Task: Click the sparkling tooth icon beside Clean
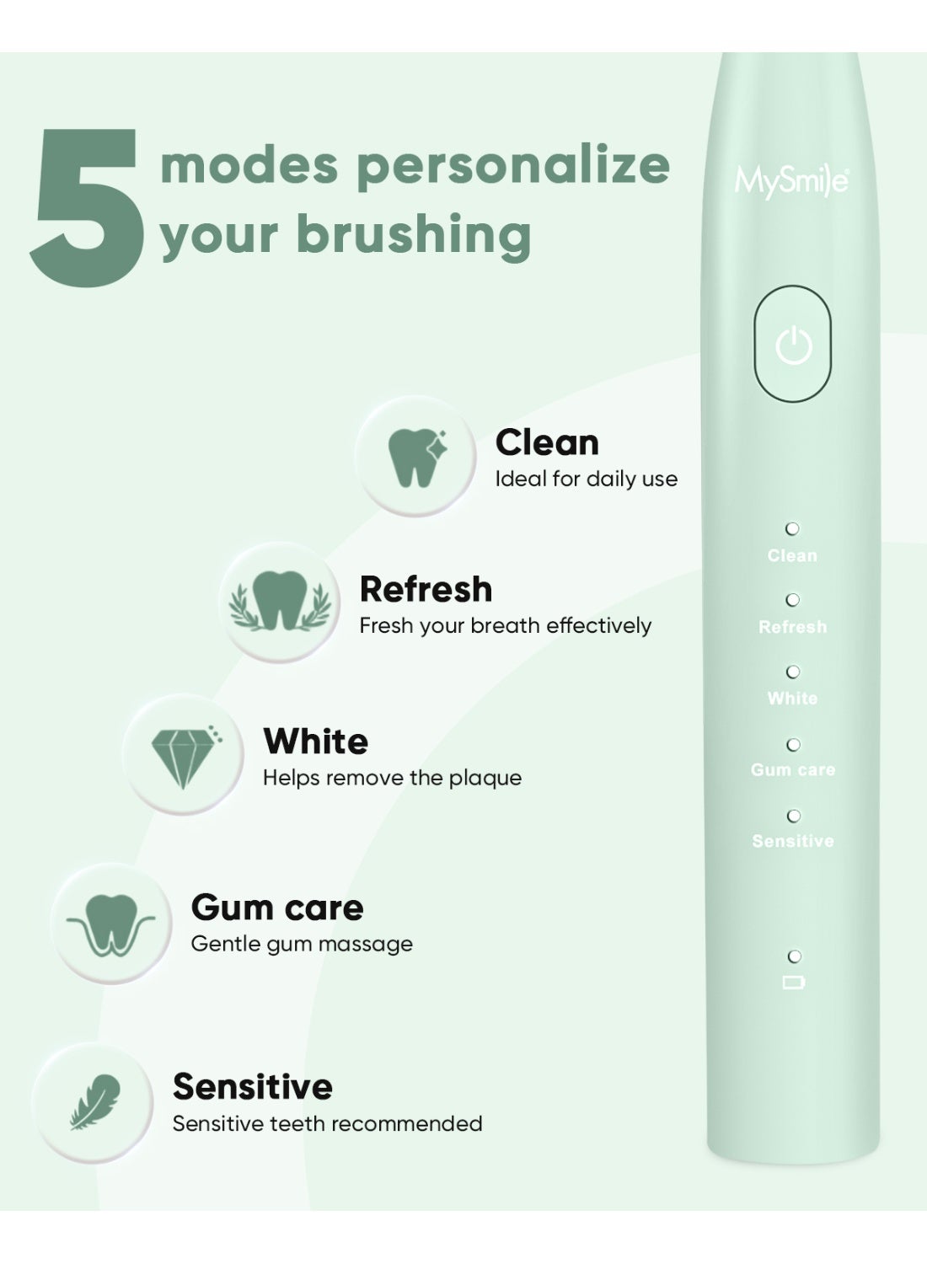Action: click(x=417, y=457)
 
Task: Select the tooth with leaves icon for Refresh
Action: click(x=279, y=601)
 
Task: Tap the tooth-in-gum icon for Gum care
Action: click(x=110, y=925)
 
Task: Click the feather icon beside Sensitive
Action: click(x=94, y=1102)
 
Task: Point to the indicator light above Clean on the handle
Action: click(x=793, y=528)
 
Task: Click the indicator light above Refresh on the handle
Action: click(x=793, y=600)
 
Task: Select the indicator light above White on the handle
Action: click(x=793, y=672)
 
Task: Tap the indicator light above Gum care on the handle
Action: click(x=793, y=745)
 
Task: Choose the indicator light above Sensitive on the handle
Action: click(x=794, y=816)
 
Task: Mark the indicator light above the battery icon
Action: click(x=795, y=956)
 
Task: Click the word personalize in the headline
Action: click(x=513, y=167)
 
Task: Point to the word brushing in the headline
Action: click(x=414, y=235)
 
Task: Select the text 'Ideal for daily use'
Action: click(x=587, y=479)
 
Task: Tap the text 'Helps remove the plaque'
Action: click(x=392, y=779)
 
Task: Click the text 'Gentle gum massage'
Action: click(x=302, y=945)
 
